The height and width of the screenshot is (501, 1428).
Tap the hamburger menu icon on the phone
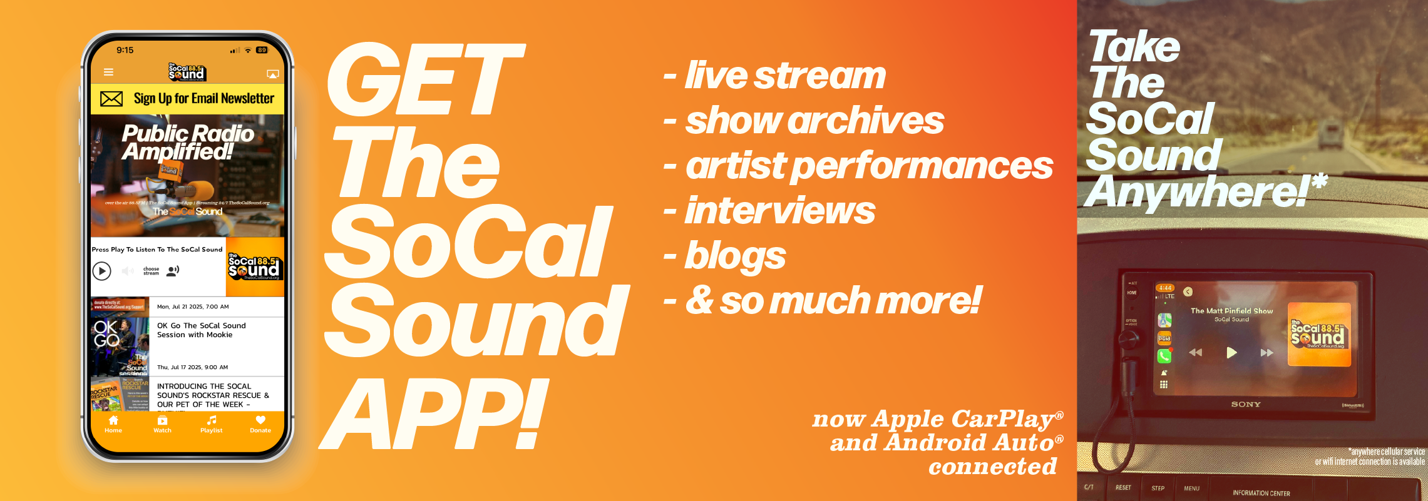pos(108,73)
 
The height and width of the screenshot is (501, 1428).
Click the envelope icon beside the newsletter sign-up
pos(111,99)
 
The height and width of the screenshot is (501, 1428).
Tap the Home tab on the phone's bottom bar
pos(113,424)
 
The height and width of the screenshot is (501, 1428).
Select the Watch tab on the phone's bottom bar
pos(162,424)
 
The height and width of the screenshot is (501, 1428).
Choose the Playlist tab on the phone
pos(212,424)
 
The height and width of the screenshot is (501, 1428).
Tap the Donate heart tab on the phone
pos(260,424)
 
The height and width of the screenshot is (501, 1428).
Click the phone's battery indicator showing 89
pos(262,50)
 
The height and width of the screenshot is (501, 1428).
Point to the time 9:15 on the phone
pos(125,50)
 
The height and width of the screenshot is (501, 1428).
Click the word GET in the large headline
pos(426,80)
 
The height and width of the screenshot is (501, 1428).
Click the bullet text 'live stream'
pos(785,76)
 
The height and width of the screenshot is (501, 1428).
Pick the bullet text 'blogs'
pos(735,256)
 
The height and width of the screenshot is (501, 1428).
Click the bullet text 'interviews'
pos(779,211)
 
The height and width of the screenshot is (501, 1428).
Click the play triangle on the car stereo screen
pos(1231,353)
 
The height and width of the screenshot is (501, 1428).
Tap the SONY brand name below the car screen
pos(1246,405)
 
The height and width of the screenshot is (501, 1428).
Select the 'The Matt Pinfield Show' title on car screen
pos(1231,311)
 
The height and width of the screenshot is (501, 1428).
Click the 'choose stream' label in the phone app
pos(151,271)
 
